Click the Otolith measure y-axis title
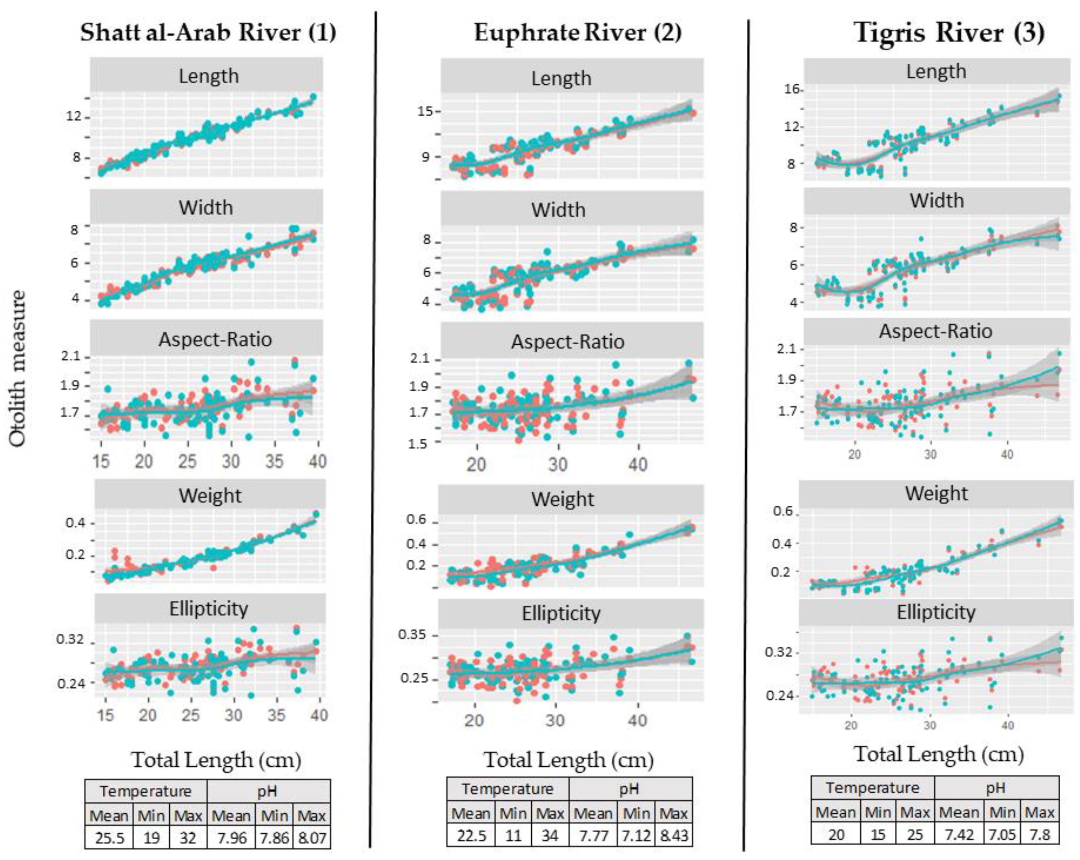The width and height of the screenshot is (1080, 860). [x=18, y=368]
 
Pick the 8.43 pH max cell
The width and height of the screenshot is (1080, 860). [x=674, y=835]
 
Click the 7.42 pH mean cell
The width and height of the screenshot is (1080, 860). [x=959, y=834]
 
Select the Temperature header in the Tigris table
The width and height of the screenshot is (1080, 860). [x=873, y=788]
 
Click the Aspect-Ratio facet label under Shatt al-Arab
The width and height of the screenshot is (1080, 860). [x=215, y=339]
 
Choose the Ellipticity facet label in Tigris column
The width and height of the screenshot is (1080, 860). [x=936, y=612]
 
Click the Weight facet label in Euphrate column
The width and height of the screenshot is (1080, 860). [x=562, y=499]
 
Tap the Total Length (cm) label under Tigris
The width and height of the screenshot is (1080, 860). [x=938, y=754]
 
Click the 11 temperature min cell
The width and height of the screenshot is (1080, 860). [x=513, y=835]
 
